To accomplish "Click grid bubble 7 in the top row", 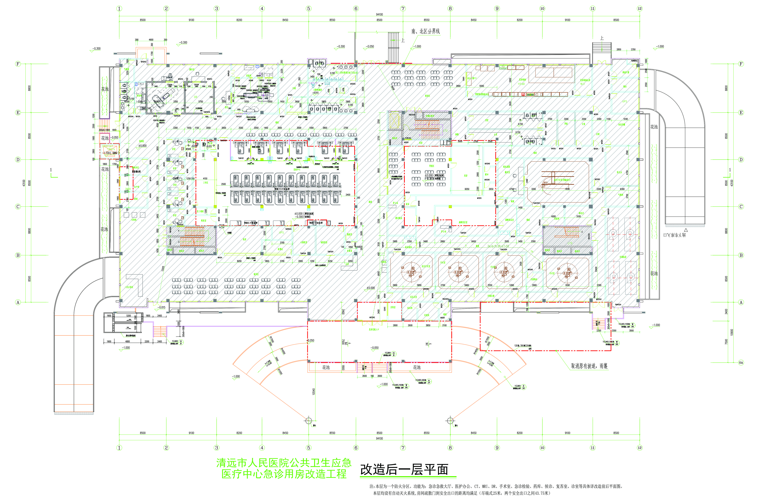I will (403, 9).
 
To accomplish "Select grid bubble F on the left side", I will (18, 64).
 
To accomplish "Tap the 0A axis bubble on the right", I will (741, 362).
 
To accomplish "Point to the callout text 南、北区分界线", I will (426, 31).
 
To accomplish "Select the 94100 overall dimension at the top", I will (379, 14).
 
